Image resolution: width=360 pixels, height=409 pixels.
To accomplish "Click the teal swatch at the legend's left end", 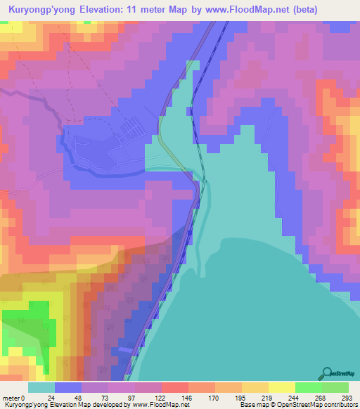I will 41,387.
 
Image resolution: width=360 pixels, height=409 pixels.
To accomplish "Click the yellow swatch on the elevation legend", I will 281,387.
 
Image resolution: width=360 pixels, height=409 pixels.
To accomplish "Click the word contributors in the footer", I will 340,405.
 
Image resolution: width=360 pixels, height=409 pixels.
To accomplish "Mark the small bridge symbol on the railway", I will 204,181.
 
